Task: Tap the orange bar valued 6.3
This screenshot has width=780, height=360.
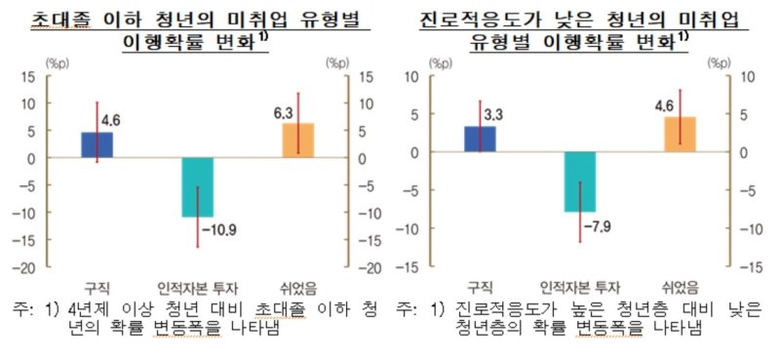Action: click(x=297, y=140)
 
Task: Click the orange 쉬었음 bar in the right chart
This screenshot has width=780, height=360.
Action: click(x=680, y=135)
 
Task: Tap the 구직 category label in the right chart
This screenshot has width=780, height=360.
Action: click(x=479, y=286)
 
